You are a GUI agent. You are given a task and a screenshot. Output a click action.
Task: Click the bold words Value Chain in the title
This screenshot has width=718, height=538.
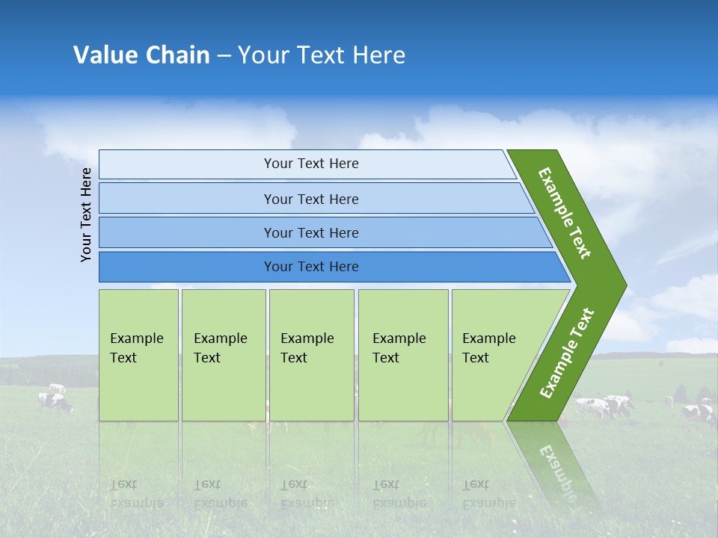pyautogui.click(x=141, y=55)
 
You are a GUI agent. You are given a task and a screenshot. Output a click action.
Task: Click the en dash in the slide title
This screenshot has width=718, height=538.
pyautogui.click(x=224, y=56)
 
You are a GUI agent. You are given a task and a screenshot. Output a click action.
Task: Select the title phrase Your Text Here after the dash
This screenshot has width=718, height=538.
pyautogui.click(x=322, y=55)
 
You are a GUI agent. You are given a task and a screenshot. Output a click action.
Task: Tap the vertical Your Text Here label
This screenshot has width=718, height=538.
pyautogui.click(x=86, y=214)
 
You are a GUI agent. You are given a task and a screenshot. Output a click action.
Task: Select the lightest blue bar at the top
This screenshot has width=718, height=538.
pyautogui.click(x=310, y=164)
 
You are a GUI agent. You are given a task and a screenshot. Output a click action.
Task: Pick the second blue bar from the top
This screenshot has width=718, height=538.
pyautogui.click(x=310, y=199)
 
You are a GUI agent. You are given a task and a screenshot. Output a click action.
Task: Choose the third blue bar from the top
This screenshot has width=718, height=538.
pyautogui.click(x=310, y=232)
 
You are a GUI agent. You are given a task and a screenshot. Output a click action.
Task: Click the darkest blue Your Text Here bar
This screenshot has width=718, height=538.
pyautogui.click(x=310, y=267)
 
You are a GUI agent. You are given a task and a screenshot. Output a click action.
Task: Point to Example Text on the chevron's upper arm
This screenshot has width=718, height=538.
pyautogui.click(x=565, y=213)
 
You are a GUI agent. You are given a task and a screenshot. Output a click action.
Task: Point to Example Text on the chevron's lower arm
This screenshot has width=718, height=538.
pyautogui.click(x=567, y=353)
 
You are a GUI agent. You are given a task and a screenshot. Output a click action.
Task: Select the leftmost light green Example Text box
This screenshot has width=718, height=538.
pyautogui.click(x=138, y=355)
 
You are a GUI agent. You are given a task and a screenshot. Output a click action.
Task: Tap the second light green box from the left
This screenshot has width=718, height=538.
pyautogui.click(x=223, y=355)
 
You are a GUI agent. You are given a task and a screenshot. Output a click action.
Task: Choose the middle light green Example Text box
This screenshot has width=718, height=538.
pyautogui.click(x=310, y=355)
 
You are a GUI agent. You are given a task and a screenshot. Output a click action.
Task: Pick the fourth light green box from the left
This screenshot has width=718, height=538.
pyautogui.click(x=402, y=355)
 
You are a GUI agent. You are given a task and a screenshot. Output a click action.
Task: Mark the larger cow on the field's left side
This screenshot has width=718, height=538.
pyautogui.click(x=56, y=403)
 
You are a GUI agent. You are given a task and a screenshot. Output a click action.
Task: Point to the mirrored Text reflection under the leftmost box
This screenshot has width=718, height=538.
pyautogui.click(x=123, y=484)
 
